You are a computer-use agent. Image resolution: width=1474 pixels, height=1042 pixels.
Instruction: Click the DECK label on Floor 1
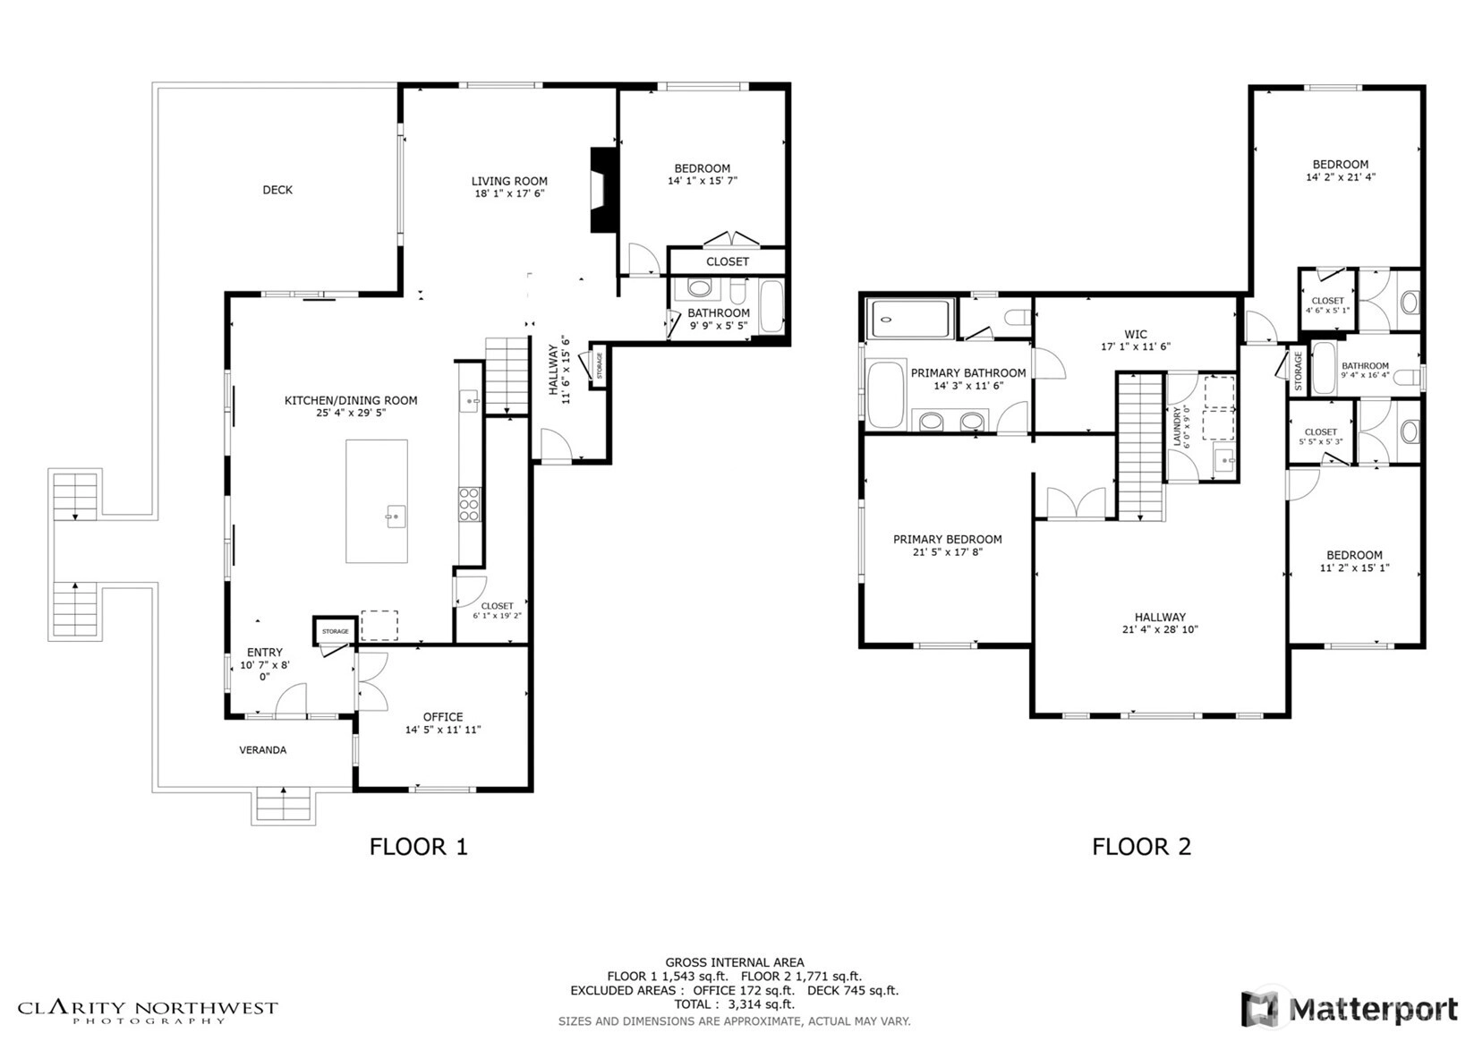[x=277, y=191]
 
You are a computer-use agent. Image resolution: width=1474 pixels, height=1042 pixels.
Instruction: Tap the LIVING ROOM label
[x=509, y=181]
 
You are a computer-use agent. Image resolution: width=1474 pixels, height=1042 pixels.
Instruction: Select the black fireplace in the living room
[x=604, y=191]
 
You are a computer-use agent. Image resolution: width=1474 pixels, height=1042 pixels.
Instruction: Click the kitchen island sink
[x=396, y=517]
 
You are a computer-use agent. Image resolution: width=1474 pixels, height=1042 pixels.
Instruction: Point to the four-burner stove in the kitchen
[x=469, y=505]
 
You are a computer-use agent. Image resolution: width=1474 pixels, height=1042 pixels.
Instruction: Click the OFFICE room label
[x=443, y=717]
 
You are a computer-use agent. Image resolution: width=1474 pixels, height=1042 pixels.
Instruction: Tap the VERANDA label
[x=262, y=750]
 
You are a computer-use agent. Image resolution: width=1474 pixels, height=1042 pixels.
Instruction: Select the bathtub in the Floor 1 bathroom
[x=771, y=307]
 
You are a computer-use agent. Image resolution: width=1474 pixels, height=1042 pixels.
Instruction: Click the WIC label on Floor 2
[x=1136, y=335]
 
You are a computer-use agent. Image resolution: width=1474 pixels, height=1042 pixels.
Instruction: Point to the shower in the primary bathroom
[x=911, y=320]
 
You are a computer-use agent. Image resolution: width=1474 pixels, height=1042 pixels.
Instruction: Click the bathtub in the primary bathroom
[x=886, y=394]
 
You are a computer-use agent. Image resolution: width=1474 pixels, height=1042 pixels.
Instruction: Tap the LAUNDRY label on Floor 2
[x=1177, y=426]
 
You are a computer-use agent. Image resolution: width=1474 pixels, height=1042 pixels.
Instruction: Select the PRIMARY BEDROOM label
[x=948, y=540]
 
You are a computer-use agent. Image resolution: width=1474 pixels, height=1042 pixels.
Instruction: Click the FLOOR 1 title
[x=419, y=847]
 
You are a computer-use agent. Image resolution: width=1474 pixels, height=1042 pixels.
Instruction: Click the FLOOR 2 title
[x=1142, y=847]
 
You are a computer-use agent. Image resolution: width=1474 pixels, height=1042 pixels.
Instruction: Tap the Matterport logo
[x=1350, y=1009]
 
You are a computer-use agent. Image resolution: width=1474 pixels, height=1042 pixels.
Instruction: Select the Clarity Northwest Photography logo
[x=148, y=1012]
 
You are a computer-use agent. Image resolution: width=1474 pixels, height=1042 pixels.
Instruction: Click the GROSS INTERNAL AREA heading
[x=735, y=962]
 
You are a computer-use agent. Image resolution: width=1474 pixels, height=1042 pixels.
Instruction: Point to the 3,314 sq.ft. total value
[x=761, y=1004]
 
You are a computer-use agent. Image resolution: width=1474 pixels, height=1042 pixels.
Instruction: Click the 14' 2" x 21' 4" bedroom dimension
[x=1341, y=177]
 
